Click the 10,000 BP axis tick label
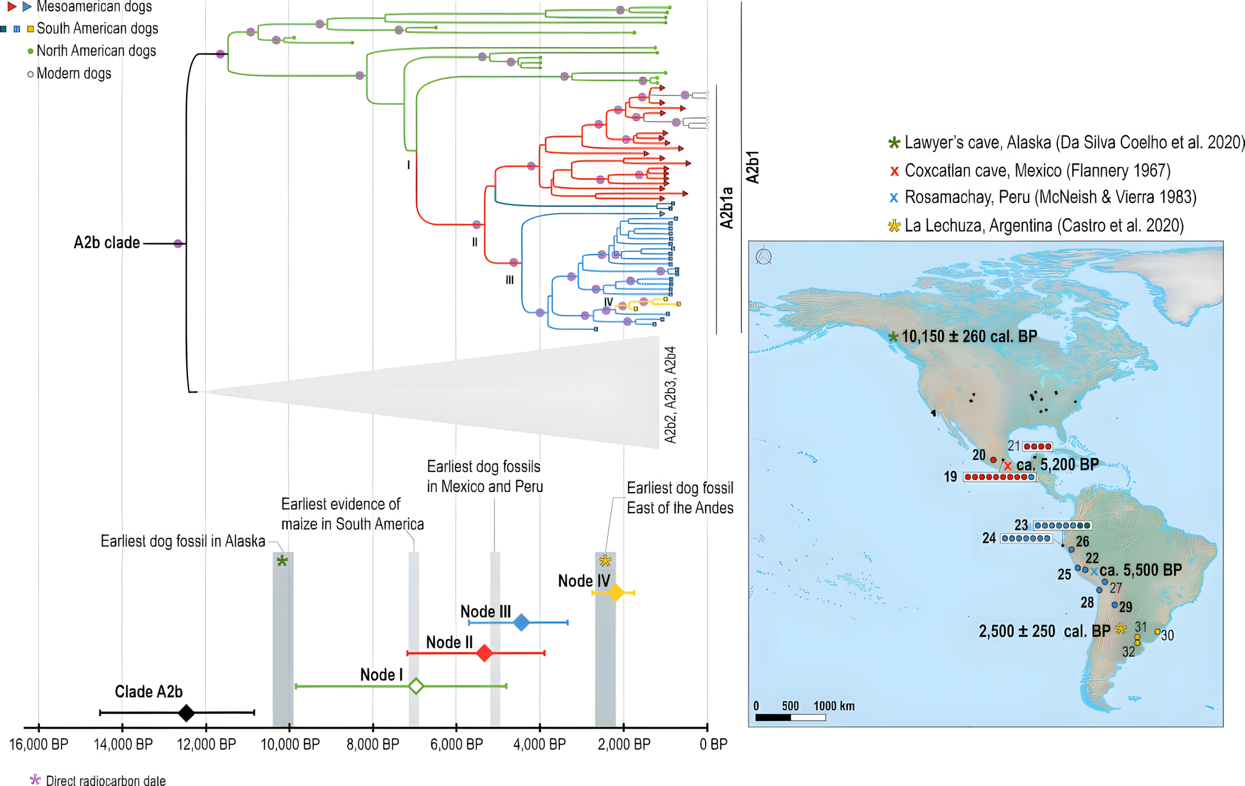(x=290, y=745)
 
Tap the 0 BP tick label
(x=713, y=745)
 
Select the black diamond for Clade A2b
(x=186, y=713)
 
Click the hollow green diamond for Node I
(x=416, y=686)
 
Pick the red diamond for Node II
(x=484, y=653)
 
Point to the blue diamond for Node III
(x=522, y=622)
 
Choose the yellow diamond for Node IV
(x=616, y=592)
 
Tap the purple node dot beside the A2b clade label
(x=178, y=244)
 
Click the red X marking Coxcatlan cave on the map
(x=1008, y=466)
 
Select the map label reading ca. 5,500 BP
(x=1140, y=571)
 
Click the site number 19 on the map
(x=950, y=477)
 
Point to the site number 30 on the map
(x=1168, y=636)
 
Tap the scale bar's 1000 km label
(x=834, y=706)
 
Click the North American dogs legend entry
(x=96, y=51)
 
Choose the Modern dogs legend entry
(x=74, y=74)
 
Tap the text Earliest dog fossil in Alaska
(x=182, y=541)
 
